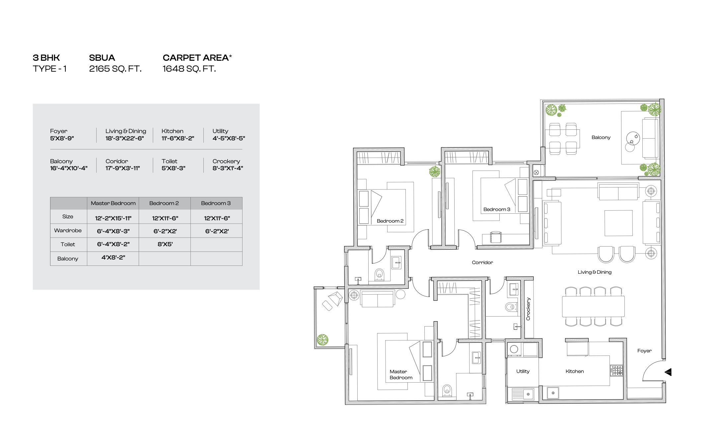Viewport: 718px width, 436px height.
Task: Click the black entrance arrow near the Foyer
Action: tap(668, 372)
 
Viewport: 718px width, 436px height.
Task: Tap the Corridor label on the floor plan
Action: tap(482, 262)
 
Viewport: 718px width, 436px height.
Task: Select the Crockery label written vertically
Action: tap(528, 309)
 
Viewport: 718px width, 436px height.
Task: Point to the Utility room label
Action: tap(523, 371)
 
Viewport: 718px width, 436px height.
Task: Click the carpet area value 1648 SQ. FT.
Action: tap(189, 69)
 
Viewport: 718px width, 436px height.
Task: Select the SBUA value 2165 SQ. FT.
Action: tap(115, 69)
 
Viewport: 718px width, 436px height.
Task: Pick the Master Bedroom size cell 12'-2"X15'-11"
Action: tap(113, 218)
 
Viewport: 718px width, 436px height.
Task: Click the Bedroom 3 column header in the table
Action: tap(216, 203)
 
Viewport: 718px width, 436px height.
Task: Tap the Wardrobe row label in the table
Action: tap(68, 230)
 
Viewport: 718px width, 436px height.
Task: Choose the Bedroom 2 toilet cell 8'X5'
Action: tap(165, 244)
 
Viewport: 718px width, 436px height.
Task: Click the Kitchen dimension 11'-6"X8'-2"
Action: tap(178, 138)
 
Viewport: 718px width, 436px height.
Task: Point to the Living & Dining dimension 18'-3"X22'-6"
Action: tap(125, 138)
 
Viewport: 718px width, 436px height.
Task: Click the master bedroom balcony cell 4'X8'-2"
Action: tap(113, 257)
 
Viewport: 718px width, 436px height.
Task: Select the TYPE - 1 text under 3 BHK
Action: tap(50, 69)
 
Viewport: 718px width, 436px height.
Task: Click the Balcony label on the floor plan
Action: tap(601, 137)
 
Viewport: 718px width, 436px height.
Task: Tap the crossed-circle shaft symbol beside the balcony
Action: tap(536, 173)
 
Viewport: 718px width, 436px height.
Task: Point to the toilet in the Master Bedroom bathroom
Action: tap(447, 390)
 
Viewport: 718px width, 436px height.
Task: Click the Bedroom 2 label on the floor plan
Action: tap(390, 221)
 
